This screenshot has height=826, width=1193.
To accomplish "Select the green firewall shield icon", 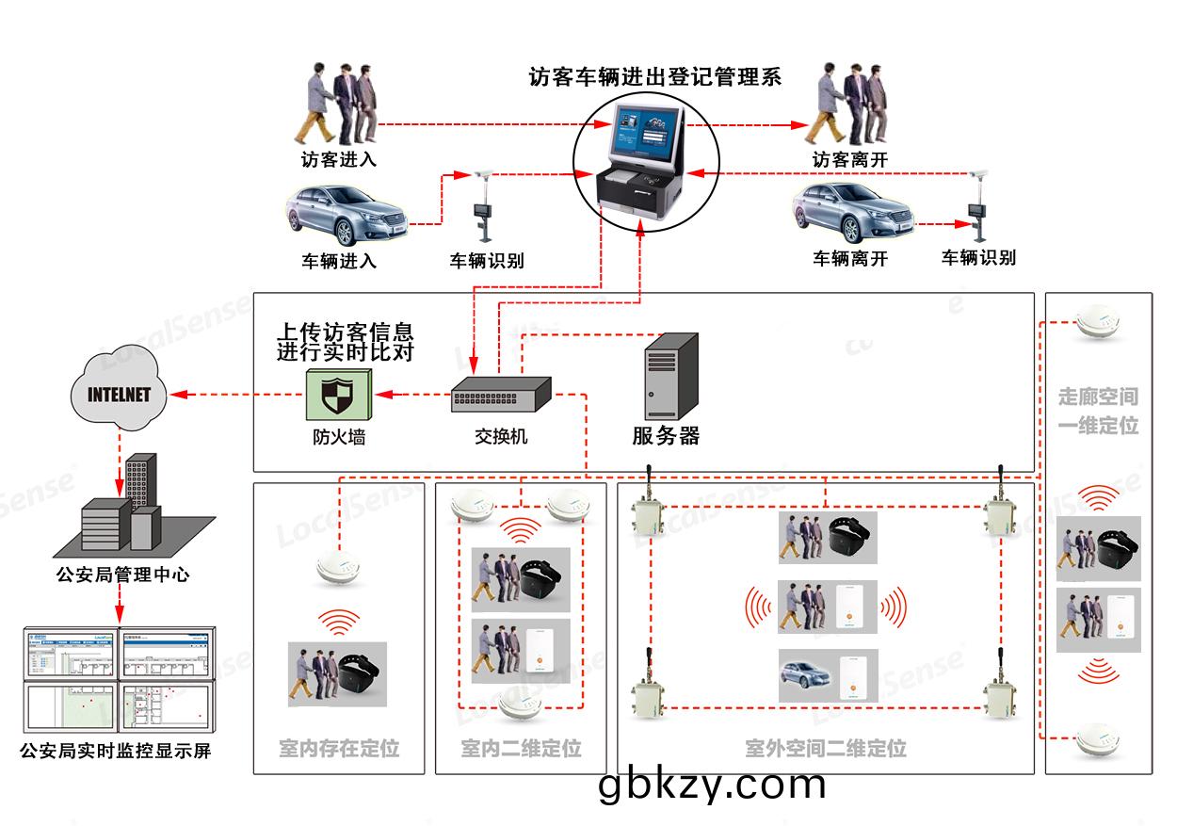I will point(337,394).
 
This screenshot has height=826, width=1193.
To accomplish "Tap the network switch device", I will point(500,394).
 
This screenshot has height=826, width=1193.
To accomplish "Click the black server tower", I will point(670,377).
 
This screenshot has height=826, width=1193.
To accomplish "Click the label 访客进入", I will point(339,160).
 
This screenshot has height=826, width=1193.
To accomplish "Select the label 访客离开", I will point(850,160).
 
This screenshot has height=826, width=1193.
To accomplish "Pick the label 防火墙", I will point(339,437).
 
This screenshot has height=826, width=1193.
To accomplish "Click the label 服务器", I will point(666,436).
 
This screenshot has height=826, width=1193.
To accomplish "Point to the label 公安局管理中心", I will point(122,574).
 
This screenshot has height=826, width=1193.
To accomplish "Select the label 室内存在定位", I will point(339,749).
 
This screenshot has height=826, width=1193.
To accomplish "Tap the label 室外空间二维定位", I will point(825,749).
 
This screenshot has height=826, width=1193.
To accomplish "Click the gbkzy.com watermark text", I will point(712,784).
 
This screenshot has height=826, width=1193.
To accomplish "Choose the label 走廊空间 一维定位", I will point(1098,411).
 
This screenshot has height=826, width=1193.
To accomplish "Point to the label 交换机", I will point(501,437).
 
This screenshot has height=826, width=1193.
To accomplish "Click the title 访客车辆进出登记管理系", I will point(655,77).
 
